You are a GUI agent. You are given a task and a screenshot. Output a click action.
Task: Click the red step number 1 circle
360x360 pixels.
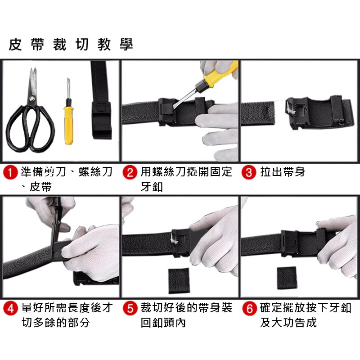pos(10,172)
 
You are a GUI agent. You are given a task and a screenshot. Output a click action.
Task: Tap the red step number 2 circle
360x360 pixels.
pos(130,172)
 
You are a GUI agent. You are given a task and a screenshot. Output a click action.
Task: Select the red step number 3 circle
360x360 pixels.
pos(249,172)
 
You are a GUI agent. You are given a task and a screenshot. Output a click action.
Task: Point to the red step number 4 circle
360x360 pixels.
pos(10,308)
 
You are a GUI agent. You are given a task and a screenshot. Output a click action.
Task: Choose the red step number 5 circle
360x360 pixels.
pos(130,308)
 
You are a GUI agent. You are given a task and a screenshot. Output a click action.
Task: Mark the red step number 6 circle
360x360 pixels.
pos(249,308)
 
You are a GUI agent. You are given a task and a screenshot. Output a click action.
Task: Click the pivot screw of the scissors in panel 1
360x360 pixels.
pos(31,99)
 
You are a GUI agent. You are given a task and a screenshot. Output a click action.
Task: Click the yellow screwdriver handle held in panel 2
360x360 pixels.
pos(220,73)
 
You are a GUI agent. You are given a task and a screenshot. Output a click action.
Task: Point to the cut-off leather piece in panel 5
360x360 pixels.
pos(179,281)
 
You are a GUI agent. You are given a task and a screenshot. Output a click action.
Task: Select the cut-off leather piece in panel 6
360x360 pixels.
pos(287,278)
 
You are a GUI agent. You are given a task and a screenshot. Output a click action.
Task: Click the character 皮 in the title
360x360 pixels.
pos(15,44)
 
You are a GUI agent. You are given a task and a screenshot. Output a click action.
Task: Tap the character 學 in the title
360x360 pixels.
pos(126,44)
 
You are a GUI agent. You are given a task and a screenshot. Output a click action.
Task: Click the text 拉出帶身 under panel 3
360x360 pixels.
pos(283,172)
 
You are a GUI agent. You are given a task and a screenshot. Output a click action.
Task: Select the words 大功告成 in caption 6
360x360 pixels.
pos(294,322)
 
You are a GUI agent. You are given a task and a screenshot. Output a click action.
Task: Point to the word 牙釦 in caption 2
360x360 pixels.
pos(152,187)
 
